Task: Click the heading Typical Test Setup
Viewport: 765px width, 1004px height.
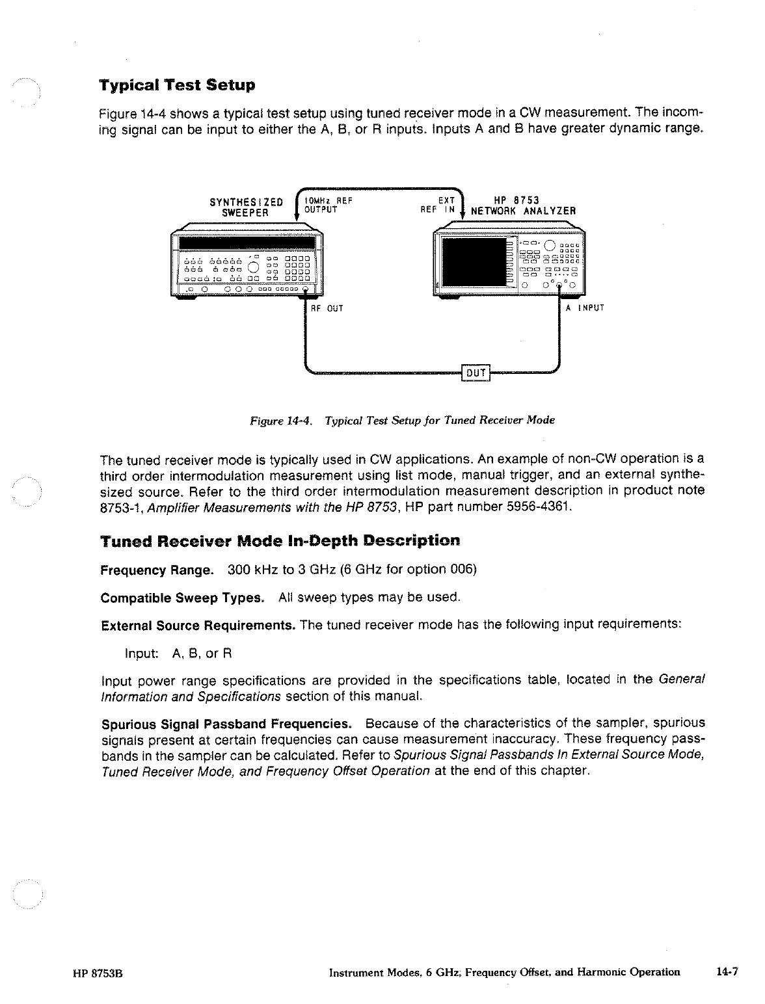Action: point(177,85)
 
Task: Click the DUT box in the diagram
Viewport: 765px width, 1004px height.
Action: point(476,373)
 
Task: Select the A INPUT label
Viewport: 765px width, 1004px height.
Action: point(585,308)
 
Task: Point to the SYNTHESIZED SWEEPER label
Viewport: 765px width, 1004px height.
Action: point(246,206)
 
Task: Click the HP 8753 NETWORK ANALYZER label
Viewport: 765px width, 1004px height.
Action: point(523,206)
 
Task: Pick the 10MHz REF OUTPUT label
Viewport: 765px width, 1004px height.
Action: point(328,205)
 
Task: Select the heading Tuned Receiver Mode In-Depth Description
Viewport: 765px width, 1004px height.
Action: point(280,541)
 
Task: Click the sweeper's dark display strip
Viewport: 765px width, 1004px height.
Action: point(247,243)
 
